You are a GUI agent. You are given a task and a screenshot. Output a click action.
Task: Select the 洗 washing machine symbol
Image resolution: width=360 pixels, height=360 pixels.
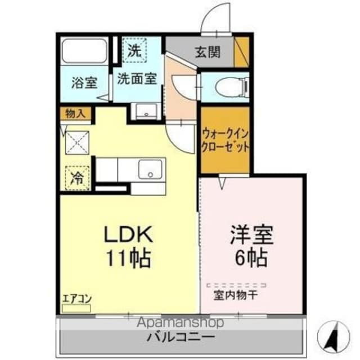(134, 50)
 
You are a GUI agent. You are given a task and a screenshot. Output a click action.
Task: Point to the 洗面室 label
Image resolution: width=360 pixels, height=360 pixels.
(136, 79)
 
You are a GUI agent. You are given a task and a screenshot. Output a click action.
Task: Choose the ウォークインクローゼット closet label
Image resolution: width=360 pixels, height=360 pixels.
(226, 140)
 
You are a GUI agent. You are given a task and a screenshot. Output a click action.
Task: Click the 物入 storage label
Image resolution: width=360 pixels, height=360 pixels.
(75, 113)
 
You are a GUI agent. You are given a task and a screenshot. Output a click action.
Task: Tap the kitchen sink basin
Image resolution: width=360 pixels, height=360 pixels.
(151, 169)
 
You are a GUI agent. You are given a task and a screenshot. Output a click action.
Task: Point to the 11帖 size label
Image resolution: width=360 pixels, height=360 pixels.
(128, 258)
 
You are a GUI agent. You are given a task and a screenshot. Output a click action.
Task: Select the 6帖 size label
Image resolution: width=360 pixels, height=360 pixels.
(251, 258)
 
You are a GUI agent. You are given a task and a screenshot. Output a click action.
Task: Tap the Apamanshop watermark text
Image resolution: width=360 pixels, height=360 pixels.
(177, 322)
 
